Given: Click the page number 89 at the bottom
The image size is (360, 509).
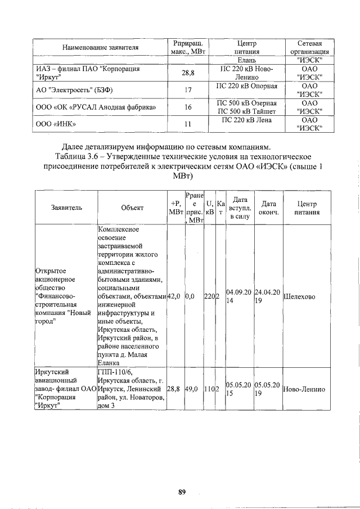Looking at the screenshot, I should [x=182, y=492].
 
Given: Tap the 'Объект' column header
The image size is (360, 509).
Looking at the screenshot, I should [x=132, y=208].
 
